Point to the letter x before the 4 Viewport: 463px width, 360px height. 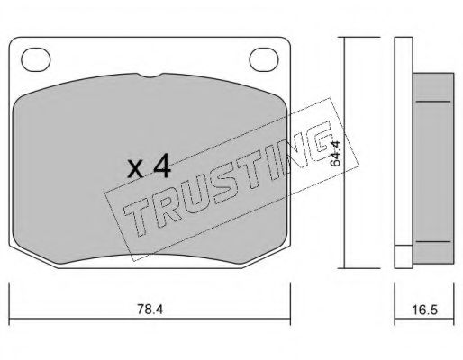pyautogui.click(x=135, y=168)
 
